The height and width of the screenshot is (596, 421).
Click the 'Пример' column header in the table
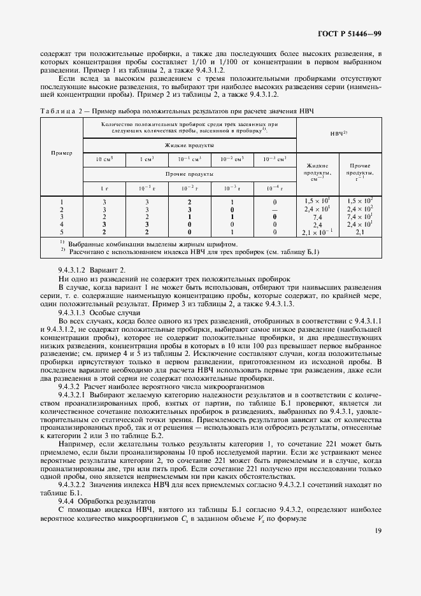point(61,153)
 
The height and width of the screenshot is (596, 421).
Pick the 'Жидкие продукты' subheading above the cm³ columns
point(189,145)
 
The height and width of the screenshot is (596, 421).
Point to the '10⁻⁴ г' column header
point(274,188)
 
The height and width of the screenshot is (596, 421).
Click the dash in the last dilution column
point(275,209)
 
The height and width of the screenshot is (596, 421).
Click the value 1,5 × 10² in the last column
point(360,201)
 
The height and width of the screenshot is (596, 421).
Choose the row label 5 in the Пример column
point(61,232)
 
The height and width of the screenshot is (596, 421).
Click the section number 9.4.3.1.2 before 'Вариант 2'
point(76,270)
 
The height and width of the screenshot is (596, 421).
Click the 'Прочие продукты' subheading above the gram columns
point(189,173)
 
